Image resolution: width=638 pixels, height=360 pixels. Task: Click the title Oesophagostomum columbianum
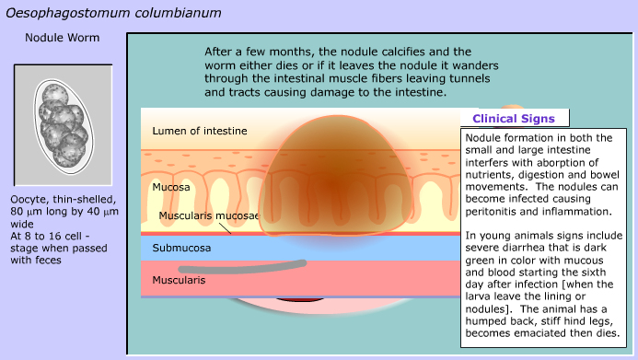point(113,13)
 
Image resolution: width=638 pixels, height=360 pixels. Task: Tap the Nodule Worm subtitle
point(63,38)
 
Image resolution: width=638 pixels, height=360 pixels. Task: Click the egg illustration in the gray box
point(64,126)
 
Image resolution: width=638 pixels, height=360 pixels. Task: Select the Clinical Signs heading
point(514,119)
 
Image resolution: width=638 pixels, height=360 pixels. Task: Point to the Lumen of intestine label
point(200,131)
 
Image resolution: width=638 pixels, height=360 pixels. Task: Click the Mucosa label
point(171,187)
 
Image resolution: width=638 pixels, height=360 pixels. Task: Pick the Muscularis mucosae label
point(209,215)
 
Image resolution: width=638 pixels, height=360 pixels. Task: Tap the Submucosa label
point(181,248)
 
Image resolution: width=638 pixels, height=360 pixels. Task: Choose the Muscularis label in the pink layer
point(179,280)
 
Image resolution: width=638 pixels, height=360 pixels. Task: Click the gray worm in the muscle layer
point(242,267)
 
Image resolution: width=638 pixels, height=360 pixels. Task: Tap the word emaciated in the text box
point(543,333)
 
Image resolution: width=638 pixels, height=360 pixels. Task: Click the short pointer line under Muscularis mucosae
point(224,227)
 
